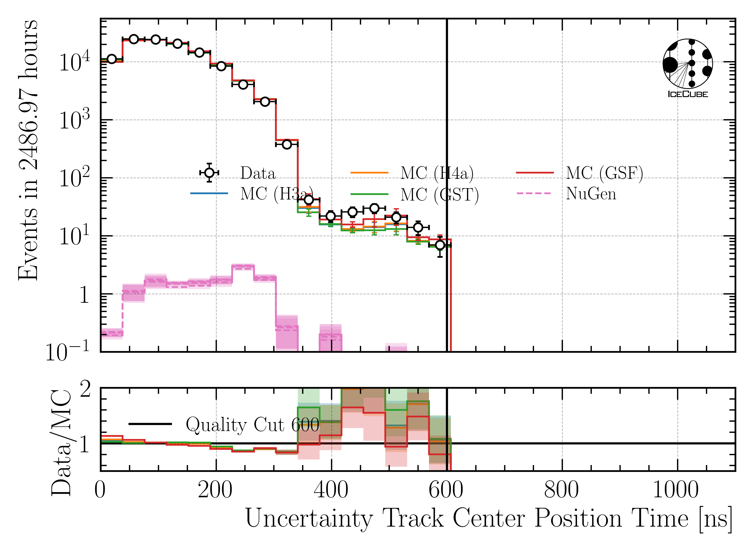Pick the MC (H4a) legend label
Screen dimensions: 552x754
(437, 173)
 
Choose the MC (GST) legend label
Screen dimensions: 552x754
(440, 195)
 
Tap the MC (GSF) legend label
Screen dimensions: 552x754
(604, 173)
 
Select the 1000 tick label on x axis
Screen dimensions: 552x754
(676, 490)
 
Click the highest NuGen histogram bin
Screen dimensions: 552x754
(243, 267)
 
